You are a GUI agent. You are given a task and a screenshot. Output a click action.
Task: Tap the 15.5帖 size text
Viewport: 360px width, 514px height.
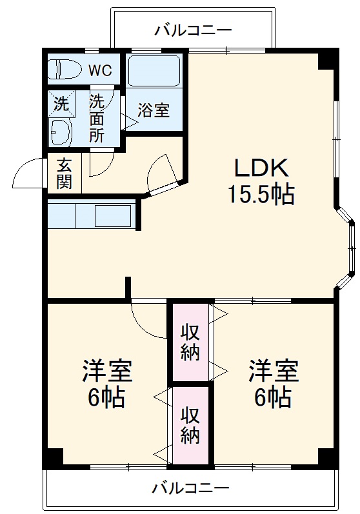pyautogui.click(x=260, y=193)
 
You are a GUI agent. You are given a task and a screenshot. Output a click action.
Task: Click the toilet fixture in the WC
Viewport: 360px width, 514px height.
pyautogui.click(x=65, y=68)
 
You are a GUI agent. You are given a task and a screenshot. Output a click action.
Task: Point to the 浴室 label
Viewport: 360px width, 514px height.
pyautogui.click(x=154, y=110)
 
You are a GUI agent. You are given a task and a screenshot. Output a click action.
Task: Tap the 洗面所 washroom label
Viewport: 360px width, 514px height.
pyautogui.click(x=97, y=117)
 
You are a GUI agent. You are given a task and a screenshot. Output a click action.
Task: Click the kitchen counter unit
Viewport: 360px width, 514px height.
pyautogui.click(x=91, y=215)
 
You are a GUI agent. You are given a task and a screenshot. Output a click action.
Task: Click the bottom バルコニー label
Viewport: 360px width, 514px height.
pyautogui.click(x=190, y=488)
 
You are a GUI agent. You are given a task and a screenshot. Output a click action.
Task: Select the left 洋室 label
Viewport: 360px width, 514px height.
pyautogui.click(x=107, y=371)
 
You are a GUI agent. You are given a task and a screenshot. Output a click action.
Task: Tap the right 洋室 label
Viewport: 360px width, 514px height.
pyautogui.click(x=274, y=371)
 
